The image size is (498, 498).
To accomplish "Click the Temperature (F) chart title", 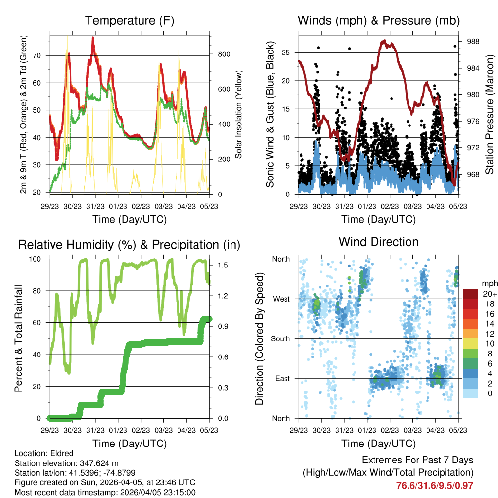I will (x=129, y=21).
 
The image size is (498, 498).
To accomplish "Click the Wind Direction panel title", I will (x=378, y=242).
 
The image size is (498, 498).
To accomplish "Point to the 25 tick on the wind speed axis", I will (x=286, y=52).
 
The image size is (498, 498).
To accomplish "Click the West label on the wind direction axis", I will (x=281, y=299).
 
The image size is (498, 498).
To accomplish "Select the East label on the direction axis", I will (x=282, y=378).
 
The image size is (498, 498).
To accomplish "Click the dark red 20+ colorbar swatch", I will (x=470, y=294).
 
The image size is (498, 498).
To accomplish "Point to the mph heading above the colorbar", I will (x=488, y=283).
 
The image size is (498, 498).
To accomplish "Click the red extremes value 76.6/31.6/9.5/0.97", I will (x=435, y=485).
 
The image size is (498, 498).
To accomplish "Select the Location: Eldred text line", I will (x=44, y=453).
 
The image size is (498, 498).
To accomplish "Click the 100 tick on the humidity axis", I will (x=38, y=259).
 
